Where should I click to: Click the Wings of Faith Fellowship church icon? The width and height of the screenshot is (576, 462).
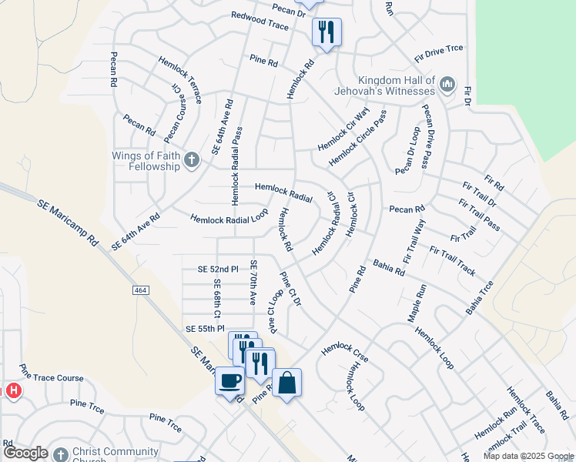click(x=192, y=160)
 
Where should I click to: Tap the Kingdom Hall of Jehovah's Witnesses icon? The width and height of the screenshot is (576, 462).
click(x=447, y=84)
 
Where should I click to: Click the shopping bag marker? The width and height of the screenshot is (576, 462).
click(x=286, y=383)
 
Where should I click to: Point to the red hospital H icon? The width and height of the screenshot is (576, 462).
click(x=13, y=391)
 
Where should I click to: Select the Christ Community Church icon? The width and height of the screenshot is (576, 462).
click(x=60, y=453)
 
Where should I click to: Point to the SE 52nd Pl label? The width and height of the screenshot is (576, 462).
click(x=218, y=269)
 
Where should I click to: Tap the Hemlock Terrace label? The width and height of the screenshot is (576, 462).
click(x=180, y=80)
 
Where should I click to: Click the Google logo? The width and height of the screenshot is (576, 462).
click(x=25, y=453)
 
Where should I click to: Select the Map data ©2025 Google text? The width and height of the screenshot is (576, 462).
click(x=528, y=456)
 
